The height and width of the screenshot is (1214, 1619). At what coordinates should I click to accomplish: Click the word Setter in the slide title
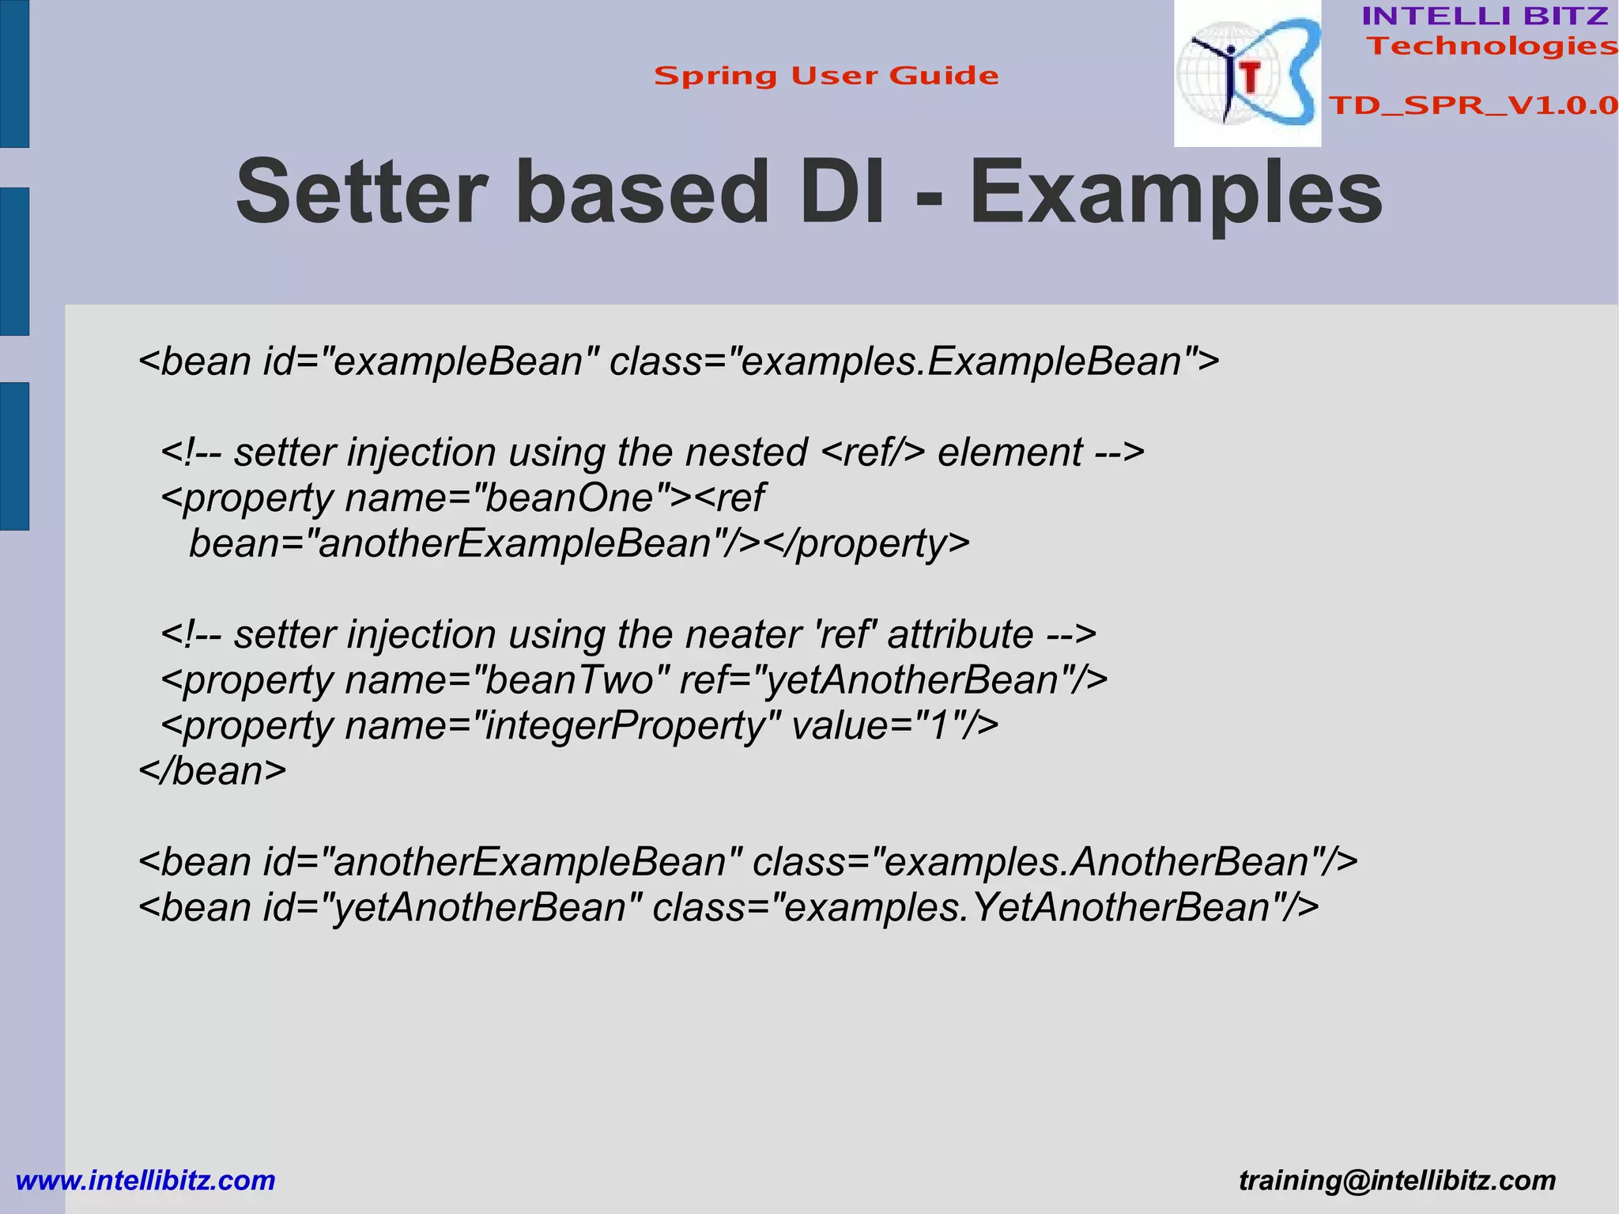click(360, 192)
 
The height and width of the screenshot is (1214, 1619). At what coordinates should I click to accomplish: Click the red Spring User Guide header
click(826, 76)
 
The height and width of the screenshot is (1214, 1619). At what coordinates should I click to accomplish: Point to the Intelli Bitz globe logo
click(1247, 74)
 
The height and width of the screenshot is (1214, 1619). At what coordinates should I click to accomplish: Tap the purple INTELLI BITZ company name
click(1485, 16)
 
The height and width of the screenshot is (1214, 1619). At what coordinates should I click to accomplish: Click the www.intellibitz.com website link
click(145, 1181)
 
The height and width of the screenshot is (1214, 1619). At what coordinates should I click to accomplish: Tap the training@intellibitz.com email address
click(1397, 1181)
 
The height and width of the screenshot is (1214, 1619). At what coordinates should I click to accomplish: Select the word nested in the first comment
click(745, 452)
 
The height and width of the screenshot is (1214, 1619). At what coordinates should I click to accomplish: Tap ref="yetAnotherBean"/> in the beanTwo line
click(893, 680)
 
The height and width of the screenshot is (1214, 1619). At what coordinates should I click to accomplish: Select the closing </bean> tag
click(213, 771)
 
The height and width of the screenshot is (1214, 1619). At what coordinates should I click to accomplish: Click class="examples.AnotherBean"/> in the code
click(1055, 862)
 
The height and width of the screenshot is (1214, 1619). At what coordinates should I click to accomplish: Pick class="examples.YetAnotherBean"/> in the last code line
click(985, 908)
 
